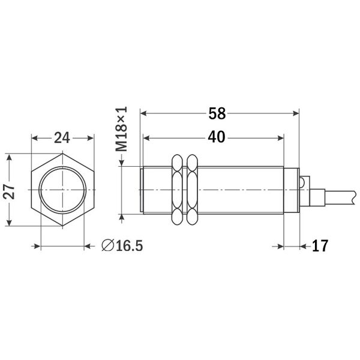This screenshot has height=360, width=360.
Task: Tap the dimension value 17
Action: click(x=321, y=246)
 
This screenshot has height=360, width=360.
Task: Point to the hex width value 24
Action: click(x=62, y=138)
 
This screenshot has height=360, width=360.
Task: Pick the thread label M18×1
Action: click(x=122, y=128)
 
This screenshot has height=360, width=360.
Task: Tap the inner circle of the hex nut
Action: click(x=62, y=191)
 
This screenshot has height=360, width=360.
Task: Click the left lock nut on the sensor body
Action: click(x=177, y=191)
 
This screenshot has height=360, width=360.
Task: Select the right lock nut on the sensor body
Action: click(x=192, y=191)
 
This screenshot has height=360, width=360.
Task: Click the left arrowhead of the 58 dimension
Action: click(x=143, y=113)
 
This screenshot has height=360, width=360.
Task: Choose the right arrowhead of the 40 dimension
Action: click(x=280, y=137)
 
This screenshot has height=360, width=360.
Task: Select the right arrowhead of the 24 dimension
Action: click(x=91, y=138)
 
